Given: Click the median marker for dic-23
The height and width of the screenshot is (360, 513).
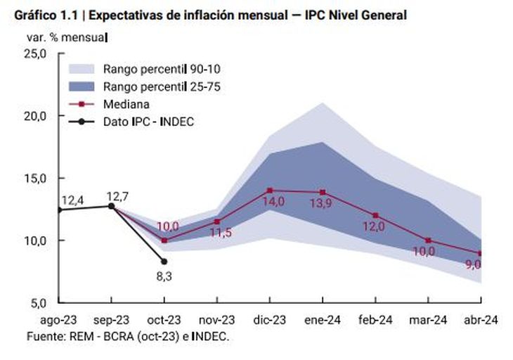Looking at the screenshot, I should pyautogui.click(x=270, y=190).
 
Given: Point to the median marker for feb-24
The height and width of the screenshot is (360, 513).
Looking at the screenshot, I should pyautogui.click(x=375, y=215).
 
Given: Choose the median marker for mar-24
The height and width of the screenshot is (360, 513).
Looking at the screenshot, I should pyautogui.click(x=428, y=240).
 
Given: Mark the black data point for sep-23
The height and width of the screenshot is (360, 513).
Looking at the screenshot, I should pyautogui.click(x=112, y=206).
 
